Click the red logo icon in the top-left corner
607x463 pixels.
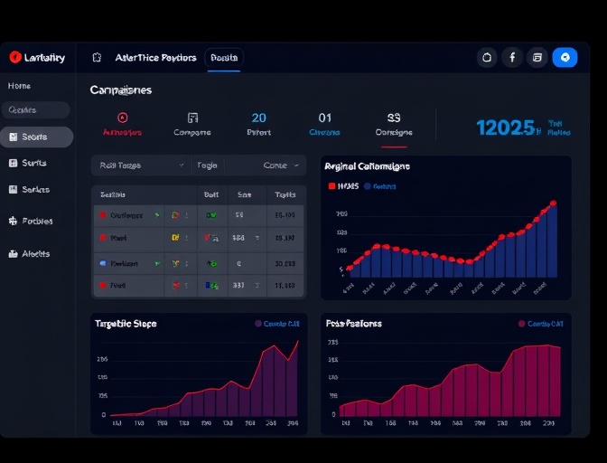coord(15,57)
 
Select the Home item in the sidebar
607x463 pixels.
coord(19,86)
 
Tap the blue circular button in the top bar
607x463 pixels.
coord(565,57)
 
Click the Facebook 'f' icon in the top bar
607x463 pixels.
coord(512,57)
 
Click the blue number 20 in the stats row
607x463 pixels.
coord(259,118)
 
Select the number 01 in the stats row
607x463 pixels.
coord(325,118)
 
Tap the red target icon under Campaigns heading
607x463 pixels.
coord(123,118)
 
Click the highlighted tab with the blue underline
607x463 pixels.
coord(224,58)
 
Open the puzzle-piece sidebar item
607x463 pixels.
coord(14,221)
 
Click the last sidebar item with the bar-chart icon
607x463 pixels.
coord(14,254)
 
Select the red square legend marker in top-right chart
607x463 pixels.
coord(332,186)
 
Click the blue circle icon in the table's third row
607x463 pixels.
coord(104,263)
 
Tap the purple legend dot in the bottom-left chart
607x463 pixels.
coord(258,323)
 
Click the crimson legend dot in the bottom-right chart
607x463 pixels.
coord(521,323)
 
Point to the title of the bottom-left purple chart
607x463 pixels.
coord(126,323)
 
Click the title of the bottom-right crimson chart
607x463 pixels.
coord(353,323)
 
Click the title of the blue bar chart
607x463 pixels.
coord(367,166)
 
